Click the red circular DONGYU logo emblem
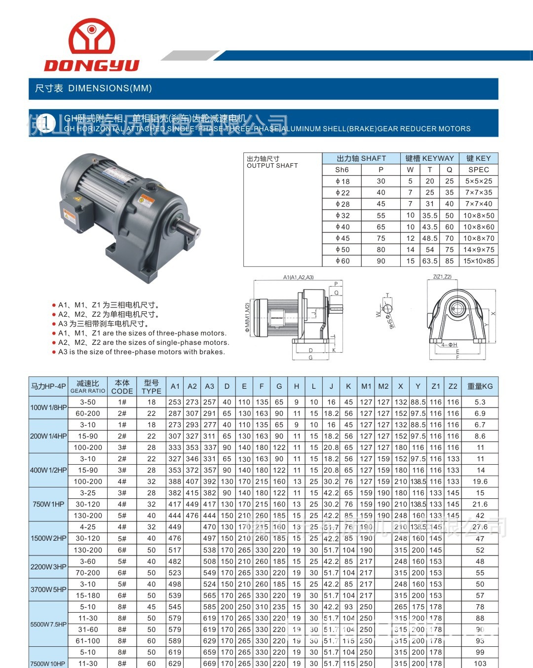pos(92,37)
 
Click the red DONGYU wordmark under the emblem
pos(92,65)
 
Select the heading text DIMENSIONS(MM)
pos(110,88)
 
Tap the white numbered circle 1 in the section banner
pos(46,123)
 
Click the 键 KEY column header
pos(478,158)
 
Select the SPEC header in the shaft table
pos(478,170)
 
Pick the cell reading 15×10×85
pos(478,261)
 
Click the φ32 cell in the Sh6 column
pos(342,216)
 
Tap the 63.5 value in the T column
pos(429,261)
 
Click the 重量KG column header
pos(480,386)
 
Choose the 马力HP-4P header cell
pos(48,386)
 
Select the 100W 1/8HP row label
pos(48,408)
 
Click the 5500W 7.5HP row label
pos(48,624)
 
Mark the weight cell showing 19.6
pos(480,482)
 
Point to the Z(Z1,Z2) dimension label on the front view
pos(442,277)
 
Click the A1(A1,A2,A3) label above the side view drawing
pos(298,277)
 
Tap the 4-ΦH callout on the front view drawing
pos(449,345)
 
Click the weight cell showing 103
pos(480,664)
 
